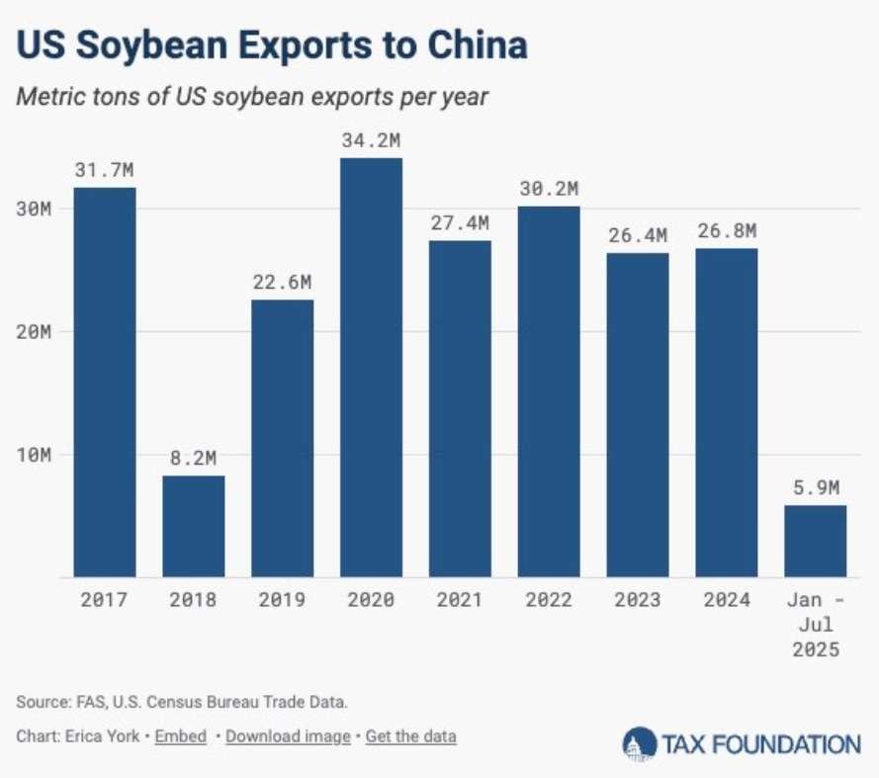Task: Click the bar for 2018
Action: [194, 526]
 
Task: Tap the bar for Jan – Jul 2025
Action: [815, 541]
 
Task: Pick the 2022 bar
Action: [549, 391]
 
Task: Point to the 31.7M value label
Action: [105, 170]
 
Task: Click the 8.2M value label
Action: [194, 458]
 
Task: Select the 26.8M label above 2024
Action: [727, 231]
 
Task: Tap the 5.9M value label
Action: [816, 487]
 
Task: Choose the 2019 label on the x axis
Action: [282, 600]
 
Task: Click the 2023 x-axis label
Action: [637, 600]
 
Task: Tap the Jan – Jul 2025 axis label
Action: [815, 625]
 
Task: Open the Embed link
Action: [181, 736]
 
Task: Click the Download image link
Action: [288, 736]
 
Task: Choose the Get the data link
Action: [411, 736]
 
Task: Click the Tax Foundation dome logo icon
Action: [640, 743]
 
